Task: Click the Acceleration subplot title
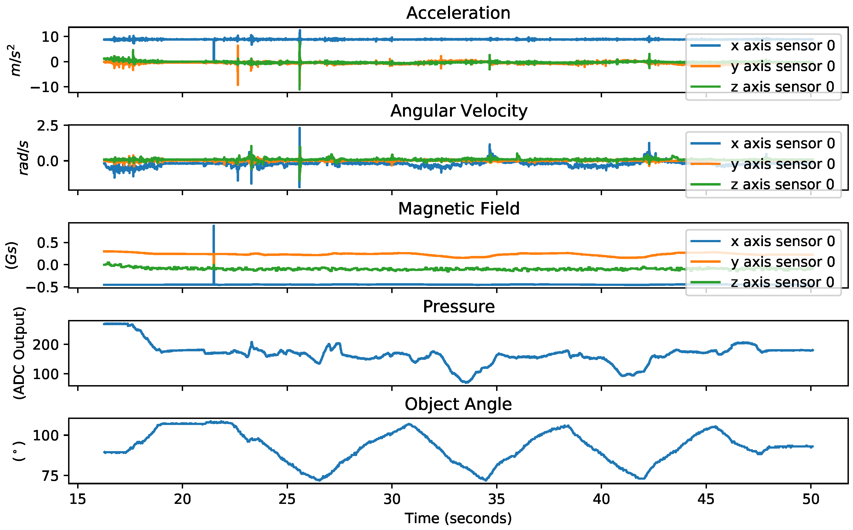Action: point(458,13)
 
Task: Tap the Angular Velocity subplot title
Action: point(458,111)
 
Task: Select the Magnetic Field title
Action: point(458,209)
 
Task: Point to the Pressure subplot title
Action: point(458,307)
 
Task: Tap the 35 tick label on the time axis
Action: point(496,499)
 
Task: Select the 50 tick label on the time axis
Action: point(811,499)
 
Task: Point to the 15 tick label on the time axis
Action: point(77,499)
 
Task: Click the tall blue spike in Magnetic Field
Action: point(214,245)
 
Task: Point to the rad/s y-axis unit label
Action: point(23,158)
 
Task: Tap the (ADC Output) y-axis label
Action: point(19,353)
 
